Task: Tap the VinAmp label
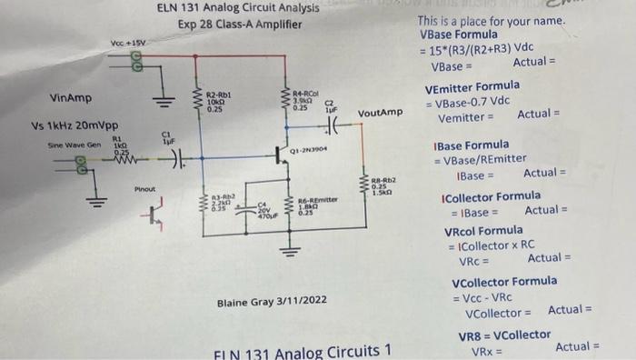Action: point(71,97)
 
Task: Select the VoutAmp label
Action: point(379,113)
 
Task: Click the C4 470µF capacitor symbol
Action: point(246,215)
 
